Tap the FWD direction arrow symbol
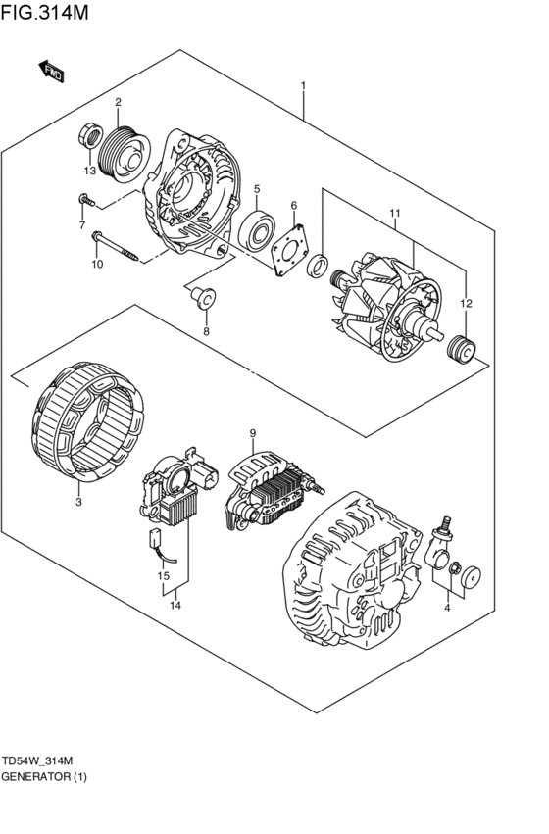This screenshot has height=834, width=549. [x=53, y=71]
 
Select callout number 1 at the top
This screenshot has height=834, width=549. [x=303, y=86]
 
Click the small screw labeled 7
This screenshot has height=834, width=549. [x=86, y=202]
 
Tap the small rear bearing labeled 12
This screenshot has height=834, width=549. [x=460, y=348]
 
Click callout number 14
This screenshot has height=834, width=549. [x=175, y=606]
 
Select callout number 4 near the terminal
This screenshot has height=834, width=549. [x=447, y=609]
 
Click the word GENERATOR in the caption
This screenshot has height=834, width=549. [x=34, y=777]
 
